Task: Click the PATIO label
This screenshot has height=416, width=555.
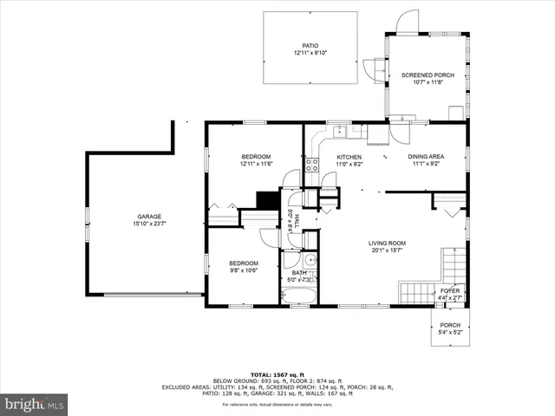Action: click(x=310, y=46)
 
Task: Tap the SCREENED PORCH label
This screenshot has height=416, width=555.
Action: click(x=428, y=75)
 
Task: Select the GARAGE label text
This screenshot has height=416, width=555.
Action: click(x=149, y=217)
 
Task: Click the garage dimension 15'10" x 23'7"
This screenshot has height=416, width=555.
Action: click(x=149, y=224)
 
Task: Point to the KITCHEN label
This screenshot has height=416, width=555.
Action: click(x=349, y=157)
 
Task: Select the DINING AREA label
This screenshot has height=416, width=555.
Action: click(x=426, y=157)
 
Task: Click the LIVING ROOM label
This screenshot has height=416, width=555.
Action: click(x=388, y=243)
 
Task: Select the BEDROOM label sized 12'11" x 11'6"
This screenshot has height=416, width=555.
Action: click(x=256, y=156)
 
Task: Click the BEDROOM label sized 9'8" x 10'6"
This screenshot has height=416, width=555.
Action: click(x=244, y=263)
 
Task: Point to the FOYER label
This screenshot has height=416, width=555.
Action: click(x=449, y=291)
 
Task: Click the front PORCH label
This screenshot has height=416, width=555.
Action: click(x=450, y=325)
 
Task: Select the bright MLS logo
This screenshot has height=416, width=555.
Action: click(x=35, y=404)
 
